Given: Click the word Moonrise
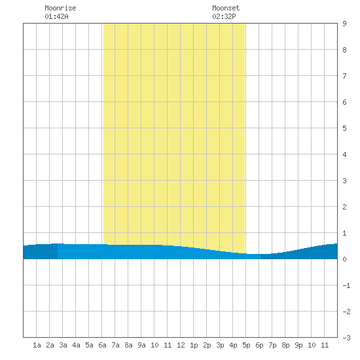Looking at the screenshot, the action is pyautogui.click(x=60, y=8).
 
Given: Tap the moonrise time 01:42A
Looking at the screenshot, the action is pyautogui.click(x=56, y=16).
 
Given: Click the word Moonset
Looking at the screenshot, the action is pyautogui.click(x=226, y=8).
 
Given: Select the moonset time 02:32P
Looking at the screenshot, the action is pyautogui.click(x=224, y=16).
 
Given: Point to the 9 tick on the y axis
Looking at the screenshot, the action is pyautogui.click(x=344, y=24).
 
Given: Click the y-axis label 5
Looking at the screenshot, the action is pyautogui.click(x=344, y=128).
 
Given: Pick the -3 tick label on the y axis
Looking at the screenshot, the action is pyautogui.click(x=346, y=338).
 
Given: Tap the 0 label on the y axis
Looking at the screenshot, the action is pyautogui.click(x=344, y=259).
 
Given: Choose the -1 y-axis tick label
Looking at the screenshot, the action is pyautogui.click(x=346, y=285).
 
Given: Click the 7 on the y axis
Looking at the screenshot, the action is pyautogui.click(x=344, y=76).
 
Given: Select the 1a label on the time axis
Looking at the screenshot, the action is pyautogui.click(x=37, y=345).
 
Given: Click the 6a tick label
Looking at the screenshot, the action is pyautogui.click(x=102, y=345).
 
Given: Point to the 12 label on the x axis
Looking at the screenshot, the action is pyautogui.click(x=181, y=345).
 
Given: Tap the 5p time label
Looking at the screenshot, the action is pyautogui.click(x=246, y=345).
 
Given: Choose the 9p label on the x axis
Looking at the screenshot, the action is pyautogui.click(x=298, y=345).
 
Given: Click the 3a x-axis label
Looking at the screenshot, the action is pyautogui.click(x=63, y=345).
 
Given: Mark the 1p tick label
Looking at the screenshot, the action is pyautogui.click(x=194, y=345).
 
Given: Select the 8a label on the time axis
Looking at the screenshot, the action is pyautogui.click(x=128, y=345).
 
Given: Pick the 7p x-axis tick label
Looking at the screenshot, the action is pyautogui.click(x=272, y=345).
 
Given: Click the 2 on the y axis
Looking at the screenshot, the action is pyautogui.click(x=344, y=207).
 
